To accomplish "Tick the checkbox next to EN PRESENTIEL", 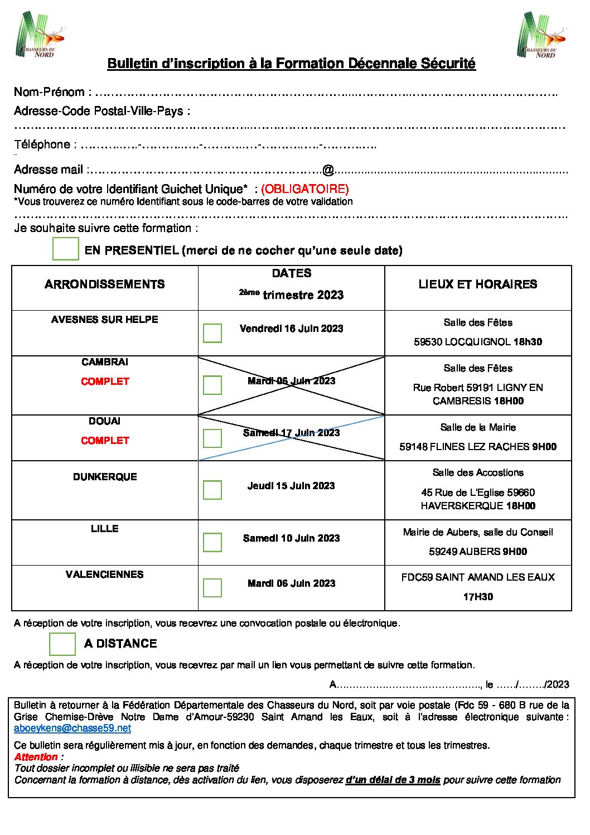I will [66, 249].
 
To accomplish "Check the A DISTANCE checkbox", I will [62, 644].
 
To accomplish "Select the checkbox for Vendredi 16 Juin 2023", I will [212, 333].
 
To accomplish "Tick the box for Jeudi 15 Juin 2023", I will [212, 490].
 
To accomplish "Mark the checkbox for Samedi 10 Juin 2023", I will [212, 542].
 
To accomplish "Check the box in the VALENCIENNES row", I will [212, 587].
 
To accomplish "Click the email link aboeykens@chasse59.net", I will [72, 728].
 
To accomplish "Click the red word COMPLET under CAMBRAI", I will [105, 382].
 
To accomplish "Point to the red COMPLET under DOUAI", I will [105, 441].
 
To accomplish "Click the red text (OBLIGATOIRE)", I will [305, 189].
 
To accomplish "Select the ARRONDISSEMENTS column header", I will [105, 284].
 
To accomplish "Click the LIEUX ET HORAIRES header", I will [478, 284].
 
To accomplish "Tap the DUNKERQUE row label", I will [105, 477].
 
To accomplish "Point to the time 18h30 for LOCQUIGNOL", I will [528, 342].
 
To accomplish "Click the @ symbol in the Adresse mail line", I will [328, 170].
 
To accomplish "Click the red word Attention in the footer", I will [36, 757].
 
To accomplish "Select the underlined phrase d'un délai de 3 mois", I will [393, 780].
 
